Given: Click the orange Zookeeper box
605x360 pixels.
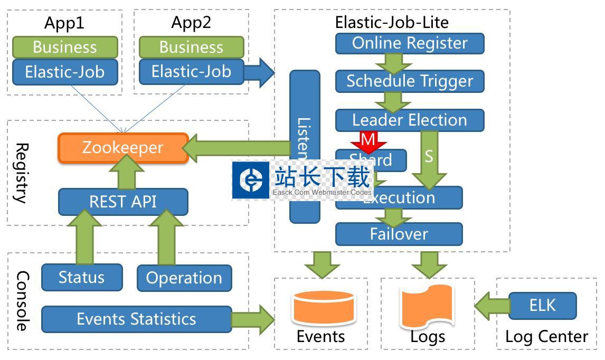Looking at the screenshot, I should tap(122, 147).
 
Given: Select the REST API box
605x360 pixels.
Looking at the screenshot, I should tap(122, 202).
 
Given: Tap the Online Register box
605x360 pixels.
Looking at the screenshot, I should tap(410, 43).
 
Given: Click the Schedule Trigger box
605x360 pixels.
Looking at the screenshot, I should tap(410, 81).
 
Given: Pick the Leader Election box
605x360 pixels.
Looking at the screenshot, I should tap(410, 120).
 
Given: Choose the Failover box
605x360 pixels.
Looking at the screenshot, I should tap(399, 234).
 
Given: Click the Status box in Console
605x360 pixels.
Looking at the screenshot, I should tap(81, 277).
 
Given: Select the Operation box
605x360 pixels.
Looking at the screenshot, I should tap(184, 278).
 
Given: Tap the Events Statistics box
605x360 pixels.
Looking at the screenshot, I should tap(136, 319).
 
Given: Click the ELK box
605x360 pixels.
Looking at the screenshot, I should tap(542, 306).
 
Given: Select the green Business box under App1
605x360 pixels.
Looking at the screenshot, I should tap(64, 47).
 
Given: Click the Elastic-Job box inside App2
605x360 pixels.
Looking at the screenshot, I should tap(191, 71).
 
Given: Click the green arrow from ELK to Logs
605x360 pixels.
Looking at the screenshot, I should tap(492, 306).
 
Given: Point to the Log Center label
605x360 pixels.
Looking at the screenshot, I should tap(546, 336).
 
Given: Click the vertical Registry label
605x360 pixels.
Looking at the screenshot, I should tap(20, 173).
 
